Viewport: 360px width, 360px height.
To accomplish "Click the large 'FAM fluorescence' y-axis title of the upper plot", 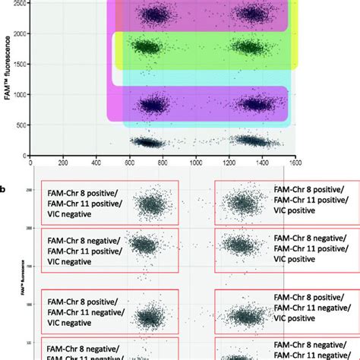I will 8,83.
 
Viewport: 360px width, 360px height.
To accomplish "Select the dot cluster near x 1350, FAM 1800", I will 248,47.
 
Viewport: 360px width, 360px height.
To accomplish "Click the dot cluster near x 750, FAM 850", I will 154,106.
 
